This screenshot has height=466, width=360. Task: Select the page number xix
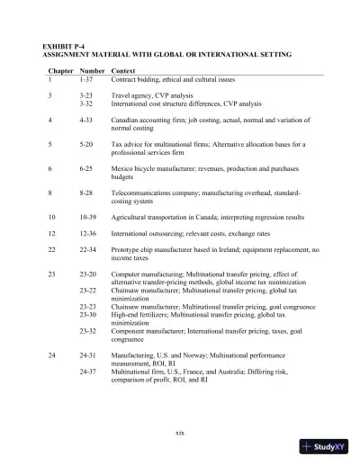pos(180,433)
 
